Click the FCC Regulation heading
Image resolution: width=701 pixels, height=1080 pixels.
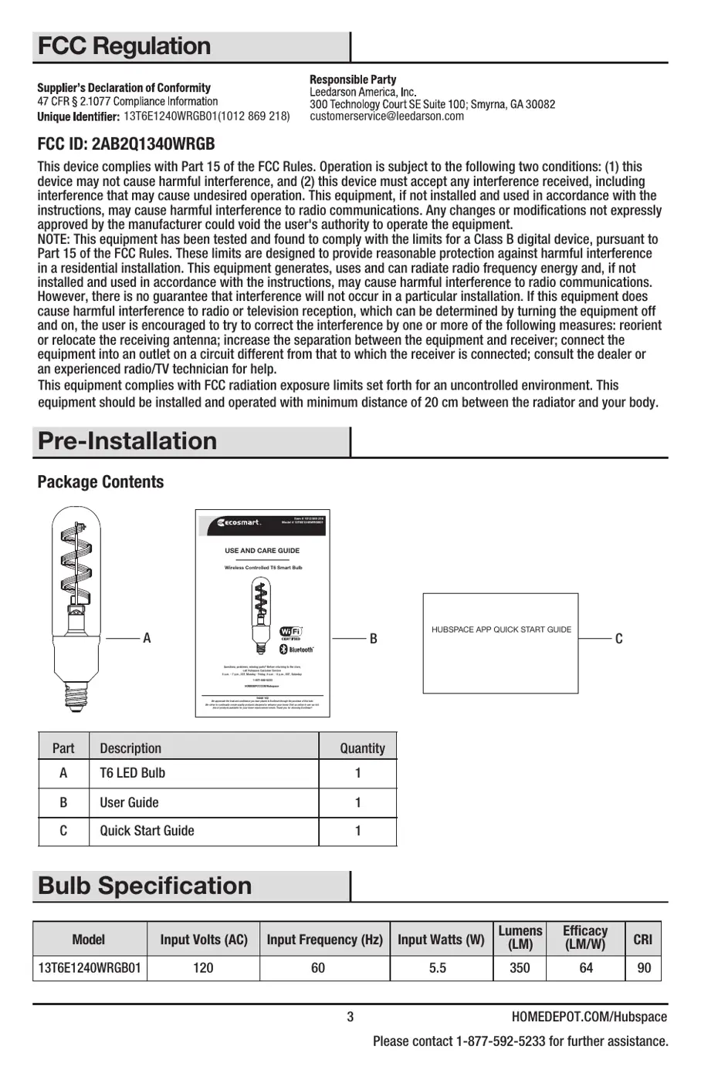(124, 46)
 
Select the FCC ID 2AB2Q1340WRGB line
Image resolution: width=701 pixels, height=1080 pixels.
(126, 144)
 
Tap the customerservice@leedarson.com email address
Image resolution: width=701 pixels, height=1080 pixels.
(387, 116)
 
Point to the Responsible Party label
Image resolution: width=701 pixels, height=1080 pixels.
(353, 79)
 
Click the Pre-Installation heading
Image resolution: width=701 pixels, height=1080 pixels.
(127, 441)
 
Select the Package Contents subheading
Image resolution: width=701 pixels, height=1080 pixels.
(100, 482)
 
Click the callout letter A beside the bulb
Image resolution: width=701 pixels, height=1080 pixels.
(147, 639)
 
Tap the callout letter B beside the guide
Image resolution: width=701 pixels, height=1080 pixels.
(373, 639)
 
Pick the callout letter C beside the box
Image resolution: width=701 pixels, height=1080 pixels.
(618, 639)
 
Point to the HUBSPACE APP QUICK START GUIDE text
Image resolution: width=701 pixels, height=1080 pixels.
(501, 629)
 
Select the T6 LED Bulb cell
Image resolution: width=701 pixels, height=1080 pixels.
(132, 773)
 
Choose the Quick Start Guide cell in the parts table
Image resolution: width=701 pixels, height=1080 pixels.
(147, 831)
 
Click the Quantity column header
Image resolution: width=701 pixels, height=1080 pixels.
(362, 748)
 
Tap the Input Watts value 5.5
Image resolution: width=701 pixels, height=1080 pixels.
(438, 967)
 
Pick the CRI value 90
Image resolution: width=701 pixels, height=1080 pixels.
(644, 967)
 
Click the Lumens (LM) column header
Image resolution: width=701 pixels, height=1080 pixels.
(520, 938)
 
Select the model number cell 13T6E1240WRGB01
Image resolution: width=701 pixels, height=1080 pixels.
(89, 967)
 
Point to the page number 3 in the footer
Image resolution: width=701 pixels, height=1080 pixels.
(350, 1017)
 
